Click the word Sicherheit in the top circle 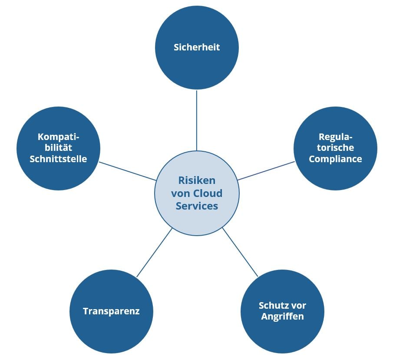pos(197,47)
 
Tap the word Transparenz pos(111,311)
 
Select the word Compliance pos(335,159)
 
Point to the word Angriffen pos(282,317)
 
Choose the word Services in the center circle pos(197,206)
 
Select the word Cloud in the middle pos(207,193)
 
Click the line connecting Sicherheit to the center pos(197,120)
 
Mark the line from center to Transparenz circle pos(155,253)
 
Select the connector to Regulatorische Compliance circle pos(266,171)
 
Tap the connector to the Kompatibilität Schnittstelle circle pos(128,171)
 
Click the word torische pos(335,148)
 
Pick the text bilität pos(58,148)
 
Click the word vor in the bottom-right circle pos(298,305)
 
